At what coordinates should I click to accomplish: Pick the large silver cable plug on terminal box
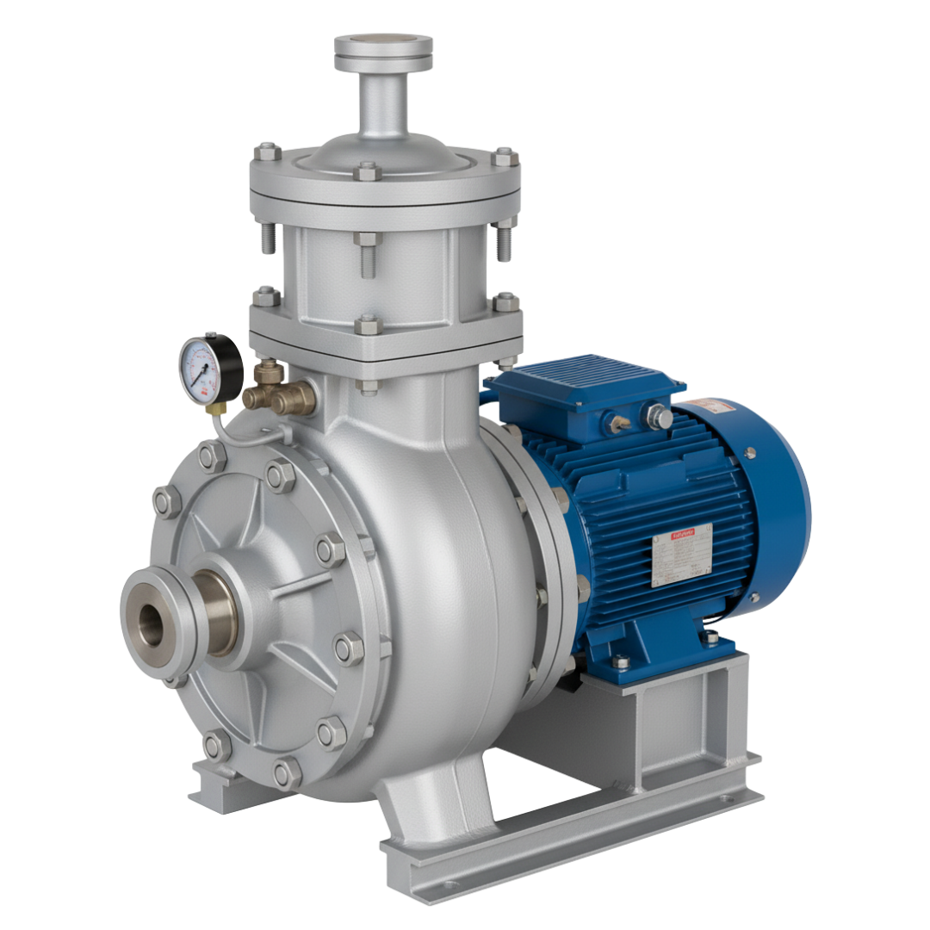(658, 417)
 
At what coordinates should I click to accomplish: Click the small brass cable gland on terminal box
(617, 421)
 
